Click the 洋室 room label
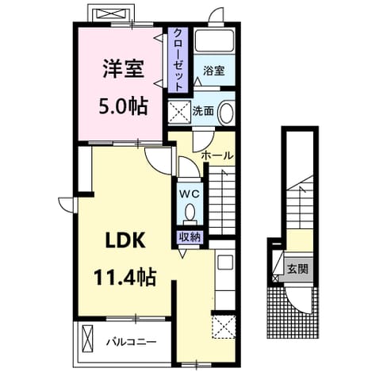coord(124,69)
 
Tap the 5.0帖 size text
coord(123,106)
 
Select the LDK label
coord(125,240)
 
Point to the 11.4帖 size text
coord(125,278)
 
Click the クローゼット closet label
coord(178,59)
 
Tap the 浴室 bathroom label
coord(214,71)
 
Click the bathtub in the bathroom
coord(214,40)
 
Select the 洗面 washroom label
coord(203,111)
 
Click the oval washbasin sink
coord(226,112)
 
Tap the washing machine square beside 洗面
coord(179,112)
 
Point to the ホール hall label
coord(217,155)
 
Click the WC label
coord(190,194)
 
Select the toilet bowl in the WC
coord(190,212)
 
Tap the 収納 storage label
coord(190,237)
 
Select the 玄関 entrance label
coord(297,269)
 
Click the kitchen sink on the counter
coord(225,263)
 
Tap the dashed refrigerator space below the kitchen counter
coord(224,327)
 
